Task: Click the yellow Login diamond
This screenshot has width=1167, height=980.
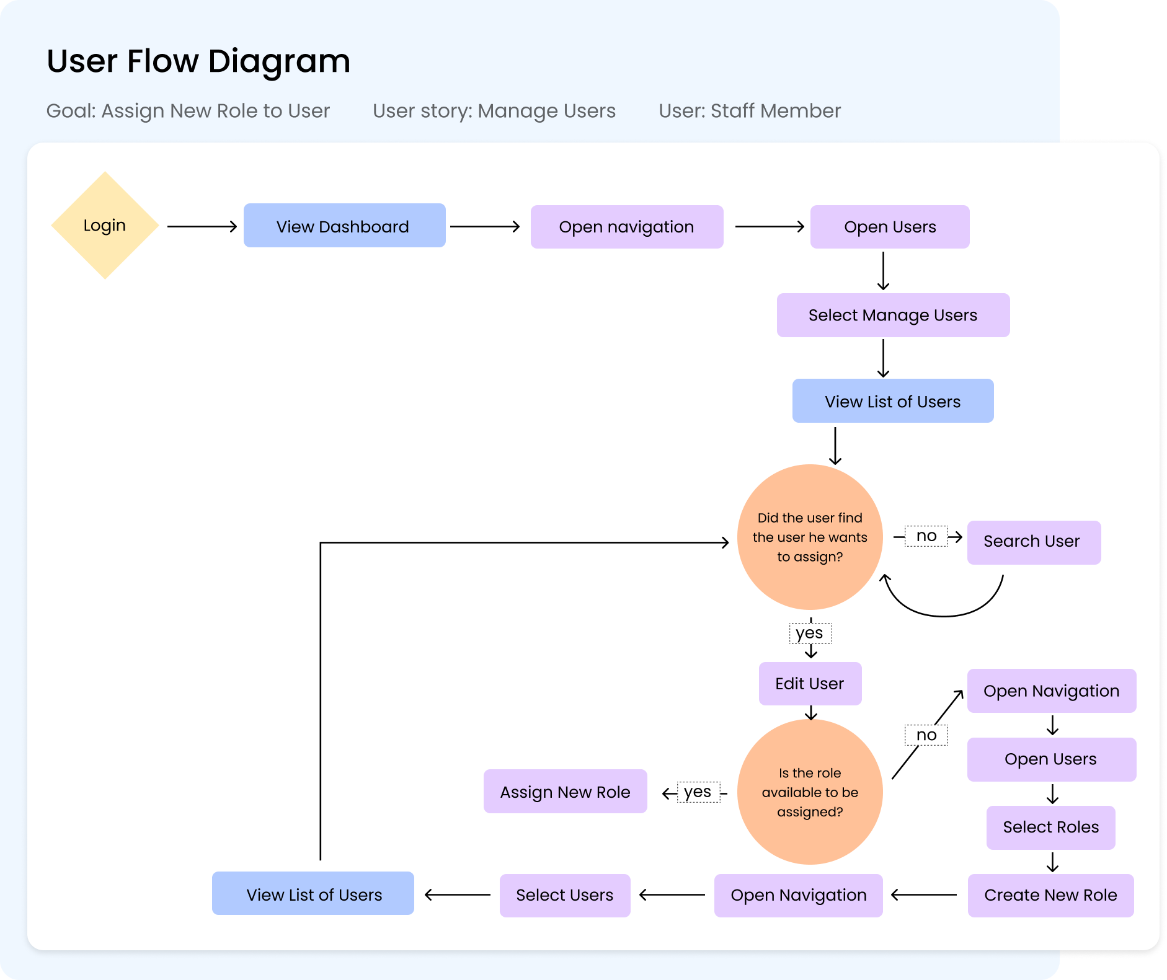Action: pyautogui.click(x=105, y=226)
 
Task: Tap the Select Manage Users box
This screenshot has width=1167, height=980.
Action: pyautogui.click(x=892, y=316)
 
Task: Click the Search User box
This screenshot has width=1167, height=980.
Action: pyautogui.click(x=1033, y=542)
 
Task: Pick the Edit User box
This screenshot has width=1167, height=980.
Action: pyautogui.click(x=810, y=684)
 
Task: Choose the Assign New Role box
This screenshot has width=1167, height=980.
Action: pyautogui.click(x=565, y=792)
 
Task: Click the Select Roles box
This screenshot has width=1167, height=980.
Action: pyautogui.click(x=1050, y=828)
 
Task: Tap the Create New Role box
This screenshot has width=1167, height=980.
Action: pyautogui.click(x=1050, y=895)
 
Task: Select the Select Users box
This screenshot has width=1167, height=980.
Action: pyautogui.click(x=564, y=895)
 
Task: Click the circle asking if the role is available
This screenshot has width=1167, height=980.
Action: pyautogui.click(x=810, y=792)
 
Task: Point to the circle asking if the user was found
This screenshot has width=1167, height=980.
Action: pyautogui.click(x=810, y=537)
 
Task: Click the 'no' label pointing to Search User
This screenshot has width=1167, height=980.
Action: pyautogui.click(x=926, y=536)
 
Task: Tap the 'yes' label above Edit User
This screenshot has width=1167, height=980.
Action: pyautogui.click(x=809, y=633)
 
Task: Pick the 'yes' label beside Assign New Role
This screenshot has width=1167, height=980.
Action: pyautogui.click(x=698, y=792)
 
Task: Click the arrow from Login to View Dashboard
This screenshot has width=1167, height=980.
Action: pyautogui.click(x=202, y=227)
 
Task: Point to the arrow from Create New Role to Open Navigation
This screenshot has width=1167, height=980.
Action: pyautogui.click(x=924, y=895)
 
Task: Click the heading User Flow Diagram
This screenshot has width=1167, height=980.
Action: pyautogui.click(x=198, y=61)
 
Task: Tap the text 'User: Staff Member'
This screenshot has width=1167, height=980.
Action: pyautogui.click(x=749, y=111)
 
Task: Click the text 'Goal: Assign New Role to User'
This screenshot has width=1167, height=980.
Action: pyautogui.click(x=188, y=111)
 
